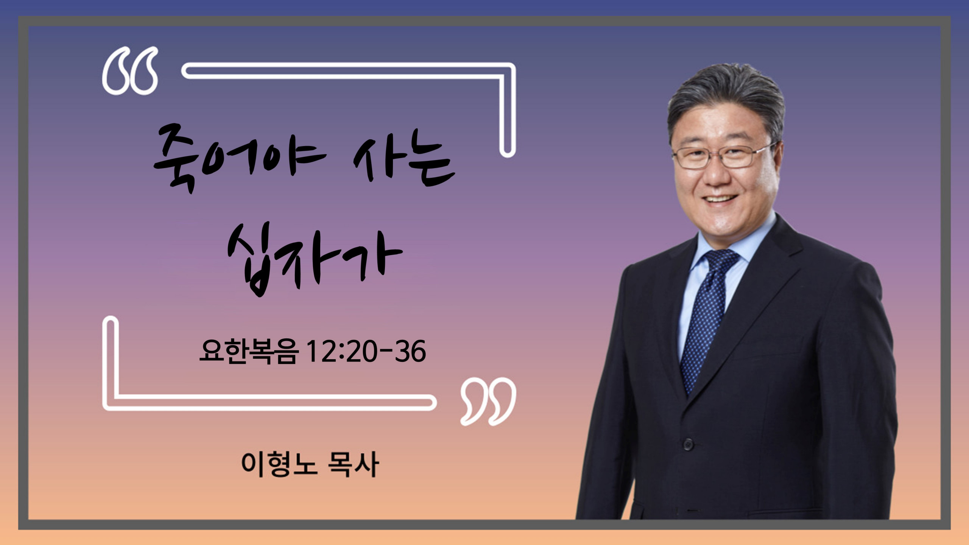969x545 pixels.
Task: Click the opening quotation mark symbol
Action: (130, 71)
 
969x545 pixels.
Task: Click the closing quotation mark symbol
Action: (488, 401)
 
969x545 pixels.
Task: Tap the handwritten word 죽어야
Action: (239, 159)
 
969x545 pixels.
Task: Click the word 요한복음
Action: (249, 351)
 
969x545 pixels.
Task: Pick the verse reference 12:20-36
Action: (366, 351)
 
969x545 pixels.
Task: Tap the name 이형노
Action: (279, 464)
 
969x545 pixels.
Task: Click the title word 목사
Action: (353, 464)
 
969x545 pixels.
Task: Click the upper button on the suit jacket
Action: (688, 444)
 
